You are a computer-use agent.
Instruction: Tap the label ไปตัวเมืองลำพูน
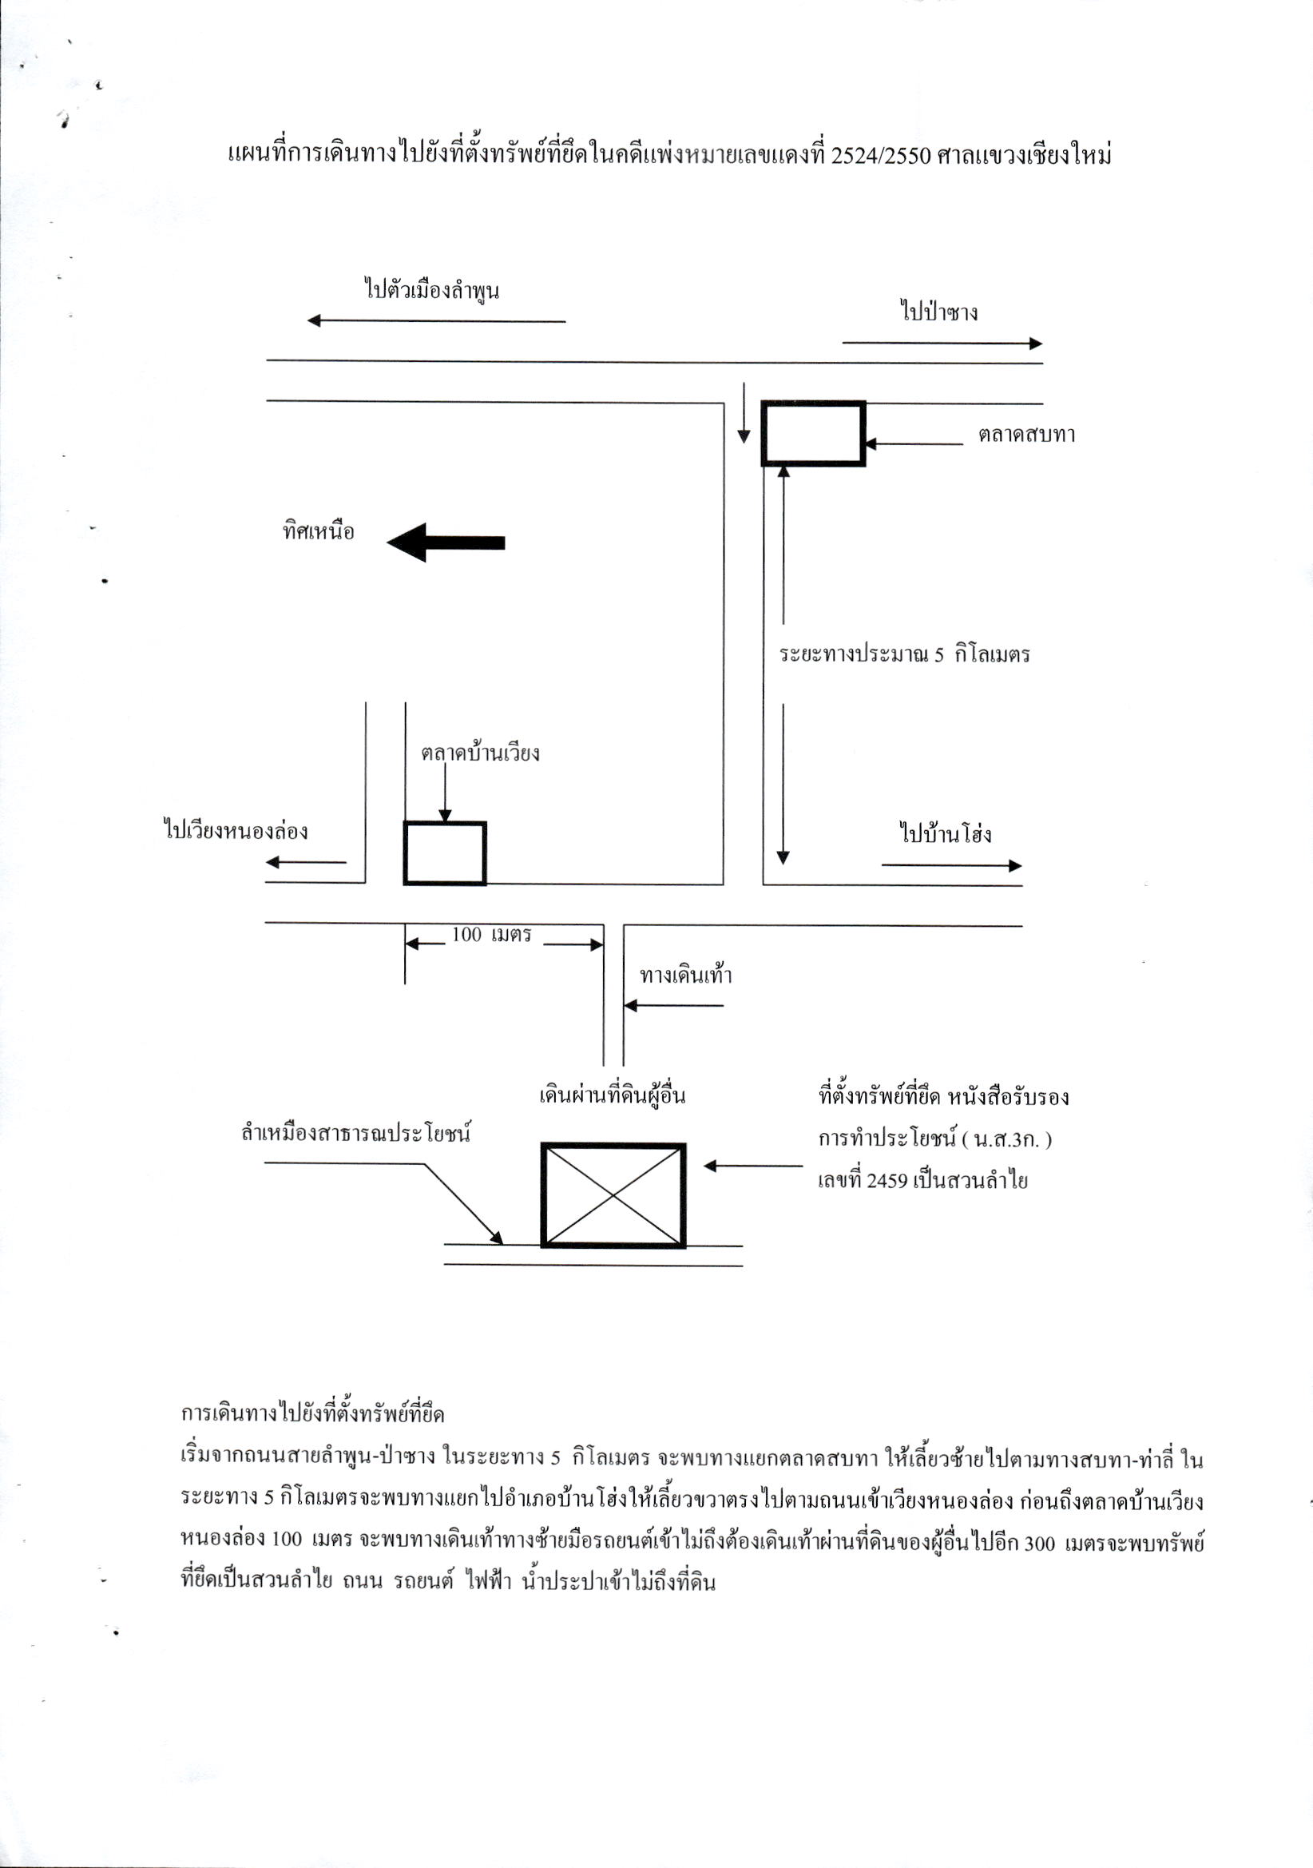coord(431,290)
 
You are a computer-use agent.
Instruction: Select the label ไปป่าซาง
coord(938,312)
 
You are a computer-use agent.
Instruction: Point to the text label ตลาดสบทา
coord(1026,435)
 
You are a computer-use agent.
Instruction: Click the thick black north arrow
coord(446,542)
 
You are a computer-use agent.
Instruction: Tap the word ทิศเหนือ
coord(319,532)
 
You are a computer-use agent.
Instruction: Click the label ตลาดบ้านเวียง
coord(480,753)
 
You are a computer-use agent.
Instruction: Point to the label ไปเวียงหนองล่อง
coord(236,831)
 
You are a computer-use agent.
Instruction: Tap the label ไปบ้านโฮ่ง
coord(946,833)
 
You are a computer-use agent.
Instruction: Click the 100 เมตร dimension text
coord(491,934)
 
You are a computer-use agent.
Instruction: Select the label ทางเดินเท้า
coord(686,975)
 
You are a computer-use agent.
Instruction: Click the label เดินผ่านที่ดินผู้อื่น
coord(612,1095)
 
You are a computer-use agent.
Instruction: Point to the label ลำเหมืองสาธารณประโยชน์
coord(356,1132)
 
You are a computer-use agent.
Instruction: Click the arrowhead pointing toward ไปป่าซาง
coord(1037,344)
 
